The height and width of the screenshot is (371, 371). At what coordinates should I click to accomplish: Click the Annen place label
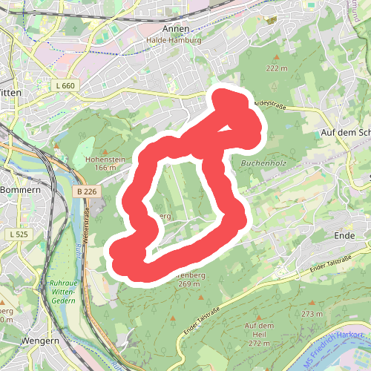[x=182, y=29]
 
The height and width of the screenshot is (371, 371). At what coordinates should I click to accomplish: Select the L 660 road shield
[x=65, y=86]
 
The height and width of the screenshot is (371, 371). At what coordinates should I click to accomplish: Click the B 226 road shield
[x=86, y=191]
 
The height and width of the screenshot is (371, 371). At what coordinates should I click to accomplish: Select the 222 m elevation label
[x=276, y=68]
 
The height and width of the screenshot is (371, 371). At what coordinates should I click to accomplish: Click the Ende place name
[x=346, y=235]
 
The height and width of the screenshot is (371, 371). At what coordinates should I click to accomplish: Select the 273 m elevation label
[x=312, y=314]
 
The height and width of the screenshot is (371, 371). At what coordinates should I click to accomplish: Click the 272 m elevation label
[x=259, y=344]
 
